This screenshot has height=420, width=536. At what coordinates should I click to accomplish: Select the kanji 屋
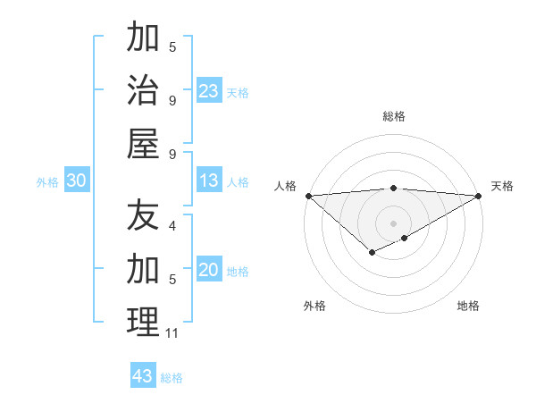(143, 142)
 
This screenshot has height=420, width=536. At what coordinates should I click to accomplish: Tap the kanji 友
(143, 215)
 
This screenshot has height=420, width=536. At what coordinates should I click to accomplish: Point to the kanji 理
(143, 321)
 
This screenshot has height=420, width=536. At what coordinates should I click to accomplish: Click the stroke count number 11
(172, 333)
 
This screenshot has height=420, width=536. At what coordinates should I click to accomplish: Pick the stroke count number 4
(172, 227)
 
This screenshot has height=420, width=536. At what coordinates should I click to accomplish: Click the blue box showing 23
(208, 91)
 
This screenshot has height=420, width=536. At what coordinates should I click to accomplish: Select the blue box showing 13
(208, 181)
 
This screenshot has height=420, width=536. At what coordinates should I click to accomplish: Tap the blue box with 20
(208, 270)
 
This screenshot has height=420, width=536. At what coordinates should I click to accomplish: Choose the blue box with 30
(76, 181)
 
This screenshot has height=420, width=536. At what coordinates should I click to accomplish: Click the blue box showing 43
(143, 376)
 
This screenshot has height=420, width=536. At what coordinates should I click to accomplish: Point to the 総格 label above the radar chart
(393, 116)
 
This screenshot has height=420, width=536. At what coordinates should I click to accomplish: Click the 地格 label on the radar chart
(468, 306)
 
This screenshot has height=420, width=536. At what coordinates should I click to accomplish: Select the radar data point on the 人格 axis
(308, 196)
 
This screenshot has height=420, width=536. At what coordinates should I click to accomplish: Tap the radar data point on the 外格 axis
(372, 254)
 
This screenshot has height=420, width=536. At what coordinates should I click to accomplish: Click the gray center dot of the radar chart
(393, 223)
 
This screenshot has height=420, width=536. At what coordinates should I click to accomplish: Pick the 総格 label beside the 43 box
(172, 378)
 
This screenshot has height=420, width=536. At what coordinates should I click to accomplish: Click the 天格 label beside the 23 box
(238, 93)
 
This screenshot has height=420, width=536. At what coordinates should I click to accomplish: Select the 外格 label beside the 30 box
(47, 182)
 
